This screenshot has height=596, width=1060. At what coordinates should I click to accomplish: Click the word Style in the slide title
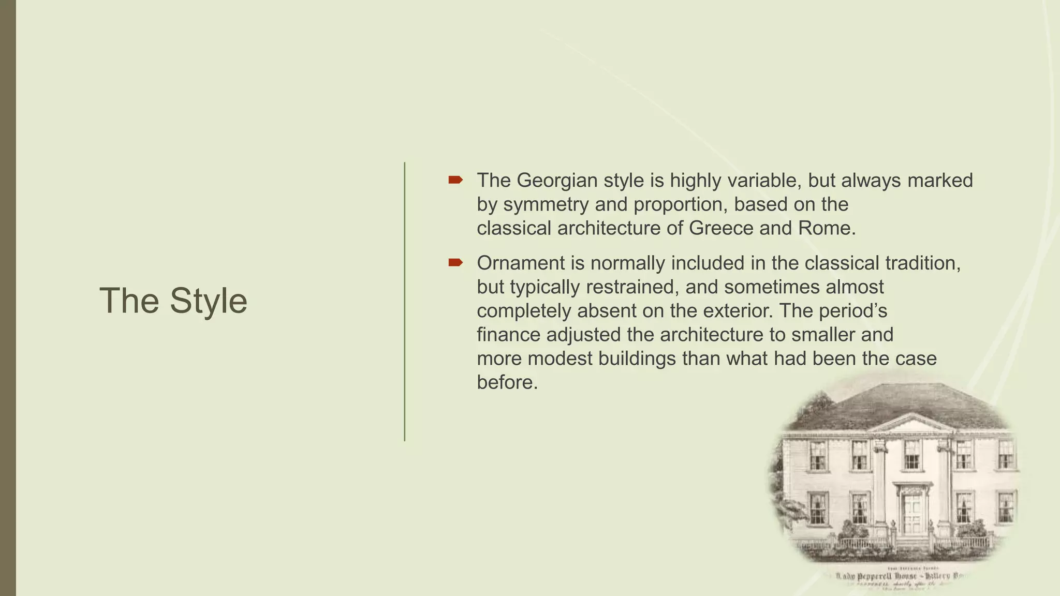coord(209,301)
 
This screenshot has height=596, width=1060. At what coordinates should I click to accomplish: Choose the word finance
coord(508,335)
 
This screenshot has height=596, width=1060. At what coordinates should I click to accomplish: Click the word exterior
coord(730,311)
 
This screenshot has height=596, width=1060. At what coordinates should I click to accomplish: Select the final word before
coord(507,382)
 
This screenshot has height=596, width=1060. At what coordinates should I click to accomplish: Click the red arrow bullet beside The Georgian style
coord(455,180)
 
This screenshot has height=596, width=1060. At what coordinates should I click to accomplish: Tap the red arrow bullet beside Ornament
coord(455,263)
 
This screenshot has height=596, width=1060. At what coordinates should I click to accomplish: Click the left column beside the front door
coord(880,486)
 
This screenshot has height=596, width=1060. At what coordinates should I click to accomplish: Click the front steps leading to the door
coord(912,543)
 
